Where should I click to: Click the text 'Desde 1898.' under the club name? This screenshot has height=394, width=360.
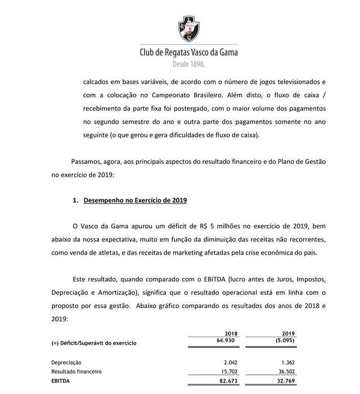point(188,64)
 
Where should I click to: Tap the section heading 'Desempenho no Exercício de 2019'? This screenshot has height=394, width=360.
point(135,200)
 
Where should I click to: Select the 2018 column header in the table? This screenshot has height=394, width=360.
point(231,334)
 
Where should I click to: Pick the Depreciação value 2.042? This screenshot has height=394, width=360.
point(231,362)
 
